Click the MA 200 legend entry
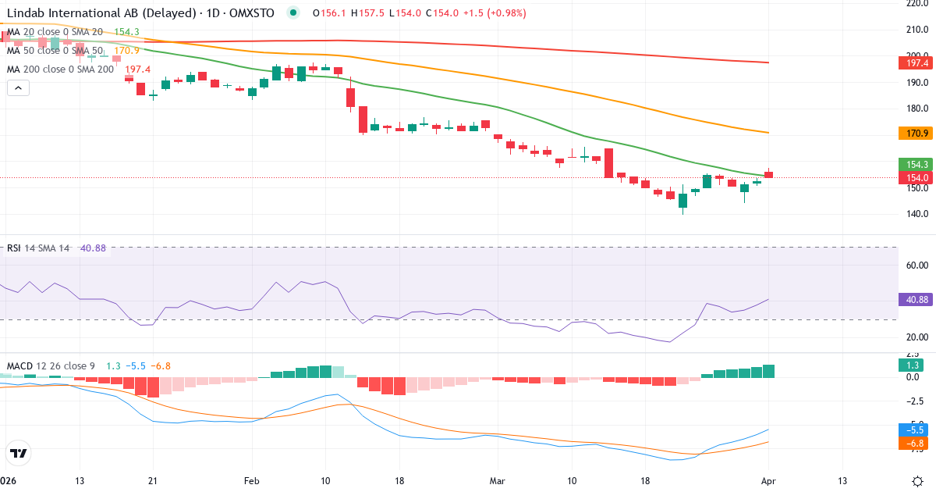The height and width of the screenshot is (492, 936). [x=61, y=69]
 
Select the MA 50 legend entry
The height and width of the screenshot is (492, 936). [x=55, y=50]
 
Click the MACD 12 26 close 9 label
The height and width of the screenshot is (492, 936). [x=51, y=365]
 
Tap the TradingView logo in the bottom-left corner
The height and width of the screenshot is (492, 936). [x=19, y=453]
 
